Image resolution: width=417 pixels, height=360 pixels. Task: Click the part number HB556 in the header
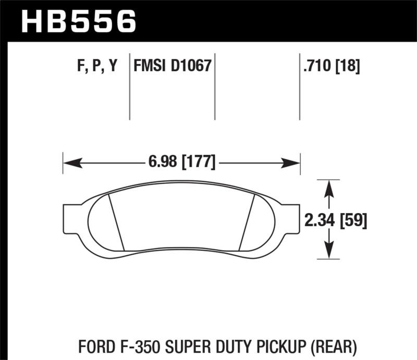[x=78, y=21]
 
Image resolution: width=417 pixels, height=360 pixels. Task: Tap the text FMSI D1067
[x=172, y=66]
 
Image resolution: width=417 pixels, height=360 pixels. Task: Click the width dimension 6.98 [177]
[x=181, y=162]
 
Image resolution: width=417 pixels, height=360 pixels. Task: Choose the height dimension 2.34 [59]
[x=336, y=220]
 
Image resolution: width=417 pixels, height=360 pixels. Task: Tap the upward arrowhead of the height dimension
[x=328, y=188]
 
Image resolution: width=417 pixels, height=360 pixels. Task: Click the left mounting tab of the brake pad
[x=70, y=218]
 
